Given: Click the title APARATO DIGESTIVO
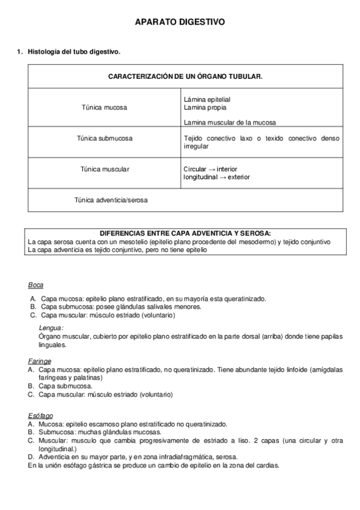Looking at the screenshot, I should coord(180,22).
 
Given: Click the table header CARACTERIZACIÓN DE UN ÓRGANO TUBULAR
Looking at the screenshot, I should coord(185,77).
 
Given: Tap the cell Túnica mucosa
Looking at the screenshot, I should coord(104,108).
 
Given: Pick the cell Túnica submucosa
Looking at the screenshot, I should coord(104,138).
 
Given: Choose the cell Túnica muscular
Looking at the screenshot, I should coord(104,169).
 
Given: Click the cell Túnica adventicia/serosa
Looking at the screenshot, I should coord(111,200).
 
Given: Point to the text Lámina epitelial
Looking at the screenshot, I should coord(207,99).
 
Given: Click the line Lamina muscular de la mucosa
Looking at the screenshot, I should coord(230,123).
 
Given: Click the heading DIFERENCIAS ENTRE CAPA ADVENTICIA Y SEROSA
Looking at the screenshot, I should coord(185,233).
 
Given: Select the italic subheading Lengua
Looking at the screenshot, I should coord(51,328).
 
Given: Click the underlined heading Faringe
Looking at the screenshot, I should coord(39,361).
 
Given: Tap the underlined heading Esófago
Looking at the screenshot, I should coord(40,416).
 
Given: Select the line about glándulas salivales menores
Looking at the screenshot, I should coord(120,307).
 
